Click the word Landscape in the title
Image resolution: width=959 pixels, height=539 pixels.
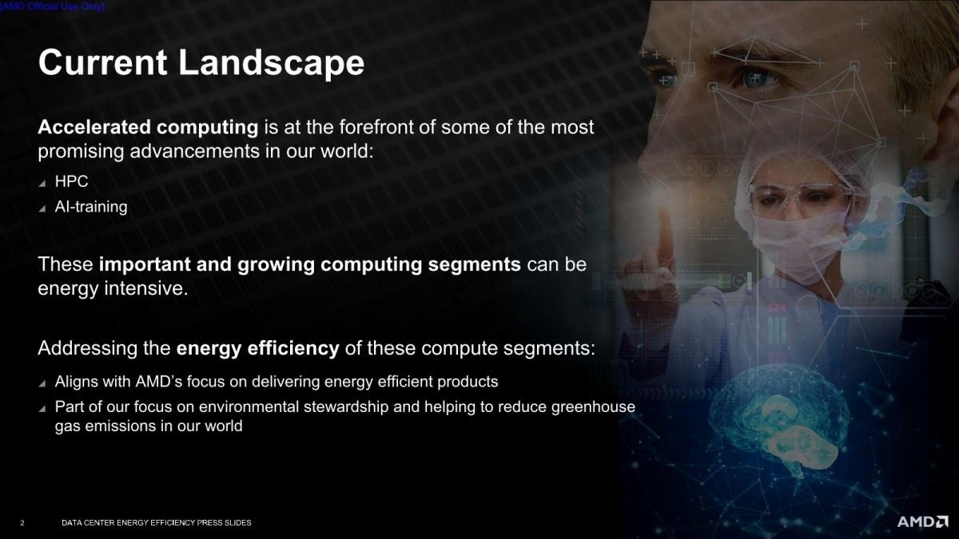(272, 62)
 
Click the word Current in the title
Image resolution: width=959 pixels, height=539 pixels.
(103, 62)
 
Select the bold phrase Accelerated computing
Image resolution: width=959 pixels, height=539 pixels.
(148, 128)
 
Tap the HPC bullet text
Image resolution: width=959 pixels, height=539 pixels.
(71, 181)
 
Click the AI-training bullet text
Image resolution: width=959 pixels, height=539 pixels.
(91, 207)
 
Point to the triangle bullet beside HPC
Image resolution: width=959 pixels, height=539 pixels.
(42, 184)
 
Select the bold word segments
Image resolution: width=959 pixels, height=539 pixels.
(475, 265)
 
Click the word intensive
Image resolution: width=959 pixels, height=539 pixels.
(146, 288)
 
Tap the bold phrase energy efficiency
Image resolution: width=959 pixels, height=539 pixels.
(257, 349)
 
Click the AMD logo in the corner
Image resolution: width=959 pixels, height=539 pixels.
(922, 521)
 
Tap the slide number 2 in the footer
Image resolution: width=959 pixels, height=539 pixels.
(22, 523)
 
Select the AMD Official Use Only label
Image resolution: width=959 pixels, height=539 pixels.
(52, 7)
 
